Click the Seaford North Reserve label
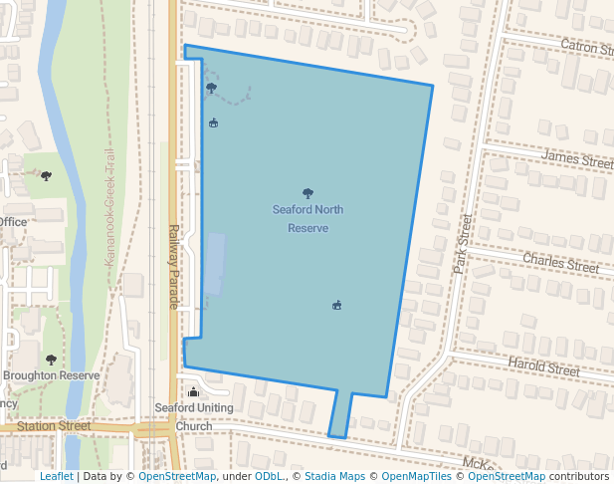[307, 219]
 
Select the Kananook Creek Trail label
[110, 206]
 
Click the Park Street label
[461, 244]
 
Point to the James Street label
[577, 158]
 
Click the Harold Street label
[543, 367]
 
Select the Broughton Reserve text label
[52, 375]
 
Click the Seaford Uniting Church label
[194, 417]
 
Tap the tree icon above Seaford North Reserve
[307, 193]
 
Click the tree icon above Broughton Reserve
[51, 360]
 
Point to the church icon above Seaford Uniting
[193, 392]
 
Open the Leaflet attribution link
[56, 476]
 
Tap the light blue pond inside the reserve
[214, 264]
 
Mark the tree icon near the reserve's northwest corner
[211, 88]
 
